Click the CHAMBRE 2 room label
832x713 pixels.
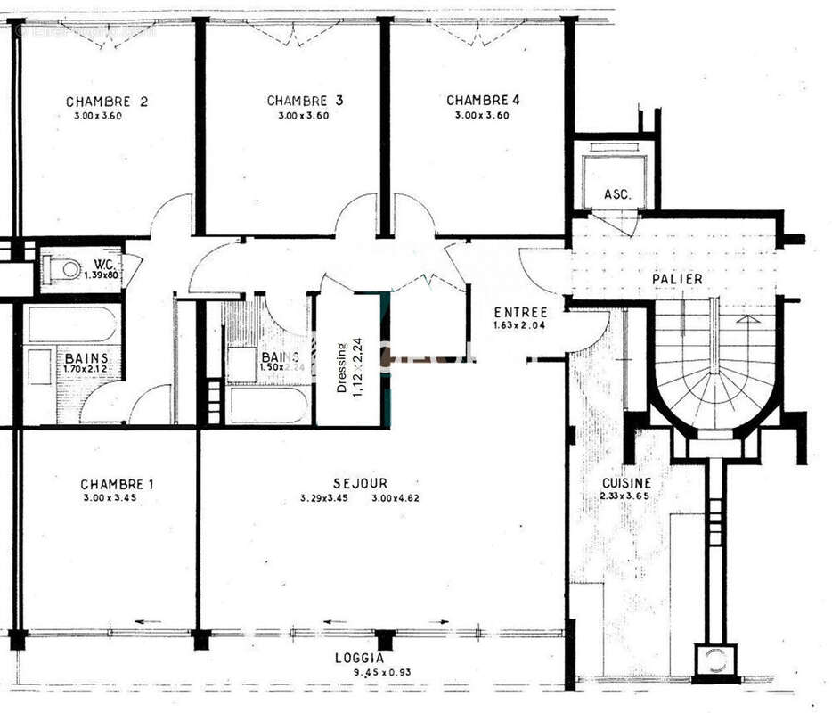[x=107, y=102]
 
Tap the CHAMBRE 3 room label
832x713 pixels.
[x=305, y=101]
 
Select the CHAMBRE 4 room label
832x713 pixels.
[x=483, y=100]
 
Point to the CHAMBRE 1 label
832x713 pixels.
[x=117, y=485]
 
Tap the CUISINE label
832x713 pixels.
[x=626, y=482]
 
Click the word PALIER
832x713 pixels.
[x=677, y=279]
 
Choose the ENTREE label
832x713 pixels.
[x=521, y=312]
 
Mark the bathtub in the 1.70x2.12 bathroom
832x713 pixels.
[x=71, y=324]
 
